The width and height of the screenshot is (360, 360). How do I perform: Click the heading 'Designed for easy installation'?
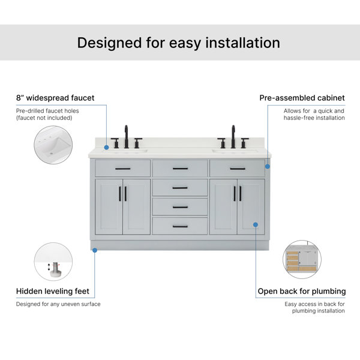point(179,43)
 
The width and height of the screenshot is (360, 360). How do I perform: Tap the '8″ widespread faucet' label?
point(55,98)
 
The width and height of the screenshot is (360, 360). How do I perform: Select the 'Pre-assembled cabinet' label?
point(302,98)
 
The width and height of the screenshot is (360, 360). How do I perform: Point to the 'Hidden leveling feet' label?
point(53,291)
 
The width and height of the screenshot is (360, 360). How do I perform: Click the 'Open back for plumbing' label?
point(302,292)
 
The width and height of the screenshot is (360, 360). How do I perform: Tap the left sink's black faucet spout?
point(126,136)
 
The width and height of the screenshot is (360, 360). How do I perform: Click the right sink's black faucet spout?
point(233,136)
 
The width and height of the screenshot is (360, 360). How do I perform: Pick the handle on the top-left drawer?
point(123,169)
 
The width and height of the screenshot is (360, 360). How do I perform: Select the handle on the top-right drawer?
point(238,169)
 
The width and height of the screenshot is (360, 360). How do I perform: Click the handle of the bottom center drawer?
point(180,226)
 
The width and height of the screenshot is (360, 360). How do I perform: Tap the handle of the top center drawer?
point(180,169)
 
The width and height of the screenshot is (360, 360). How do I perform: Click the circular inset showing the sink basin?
point(53,145)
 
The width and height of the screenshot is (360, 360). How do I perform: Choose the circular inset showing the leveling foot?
point(53,262)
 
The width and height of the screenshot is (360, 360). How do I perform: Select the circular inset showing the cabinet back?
point(302,259)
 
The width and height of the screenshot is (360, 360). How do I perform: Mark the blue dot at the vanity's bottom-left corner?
point(95,250)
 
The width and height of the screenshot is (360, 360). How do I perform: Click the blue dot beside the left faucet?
point(106,148)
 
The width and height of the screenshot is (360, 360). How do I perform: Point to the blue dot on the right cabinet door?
point(256,224)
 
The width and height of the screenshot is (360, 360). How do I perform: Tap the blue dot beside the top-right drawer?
point(268,166)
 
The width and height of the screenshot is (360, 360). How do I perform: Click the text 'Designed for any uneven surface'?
point(58,304)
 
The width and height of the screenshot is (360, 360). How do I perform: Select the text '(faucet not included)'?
point(44,118)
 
